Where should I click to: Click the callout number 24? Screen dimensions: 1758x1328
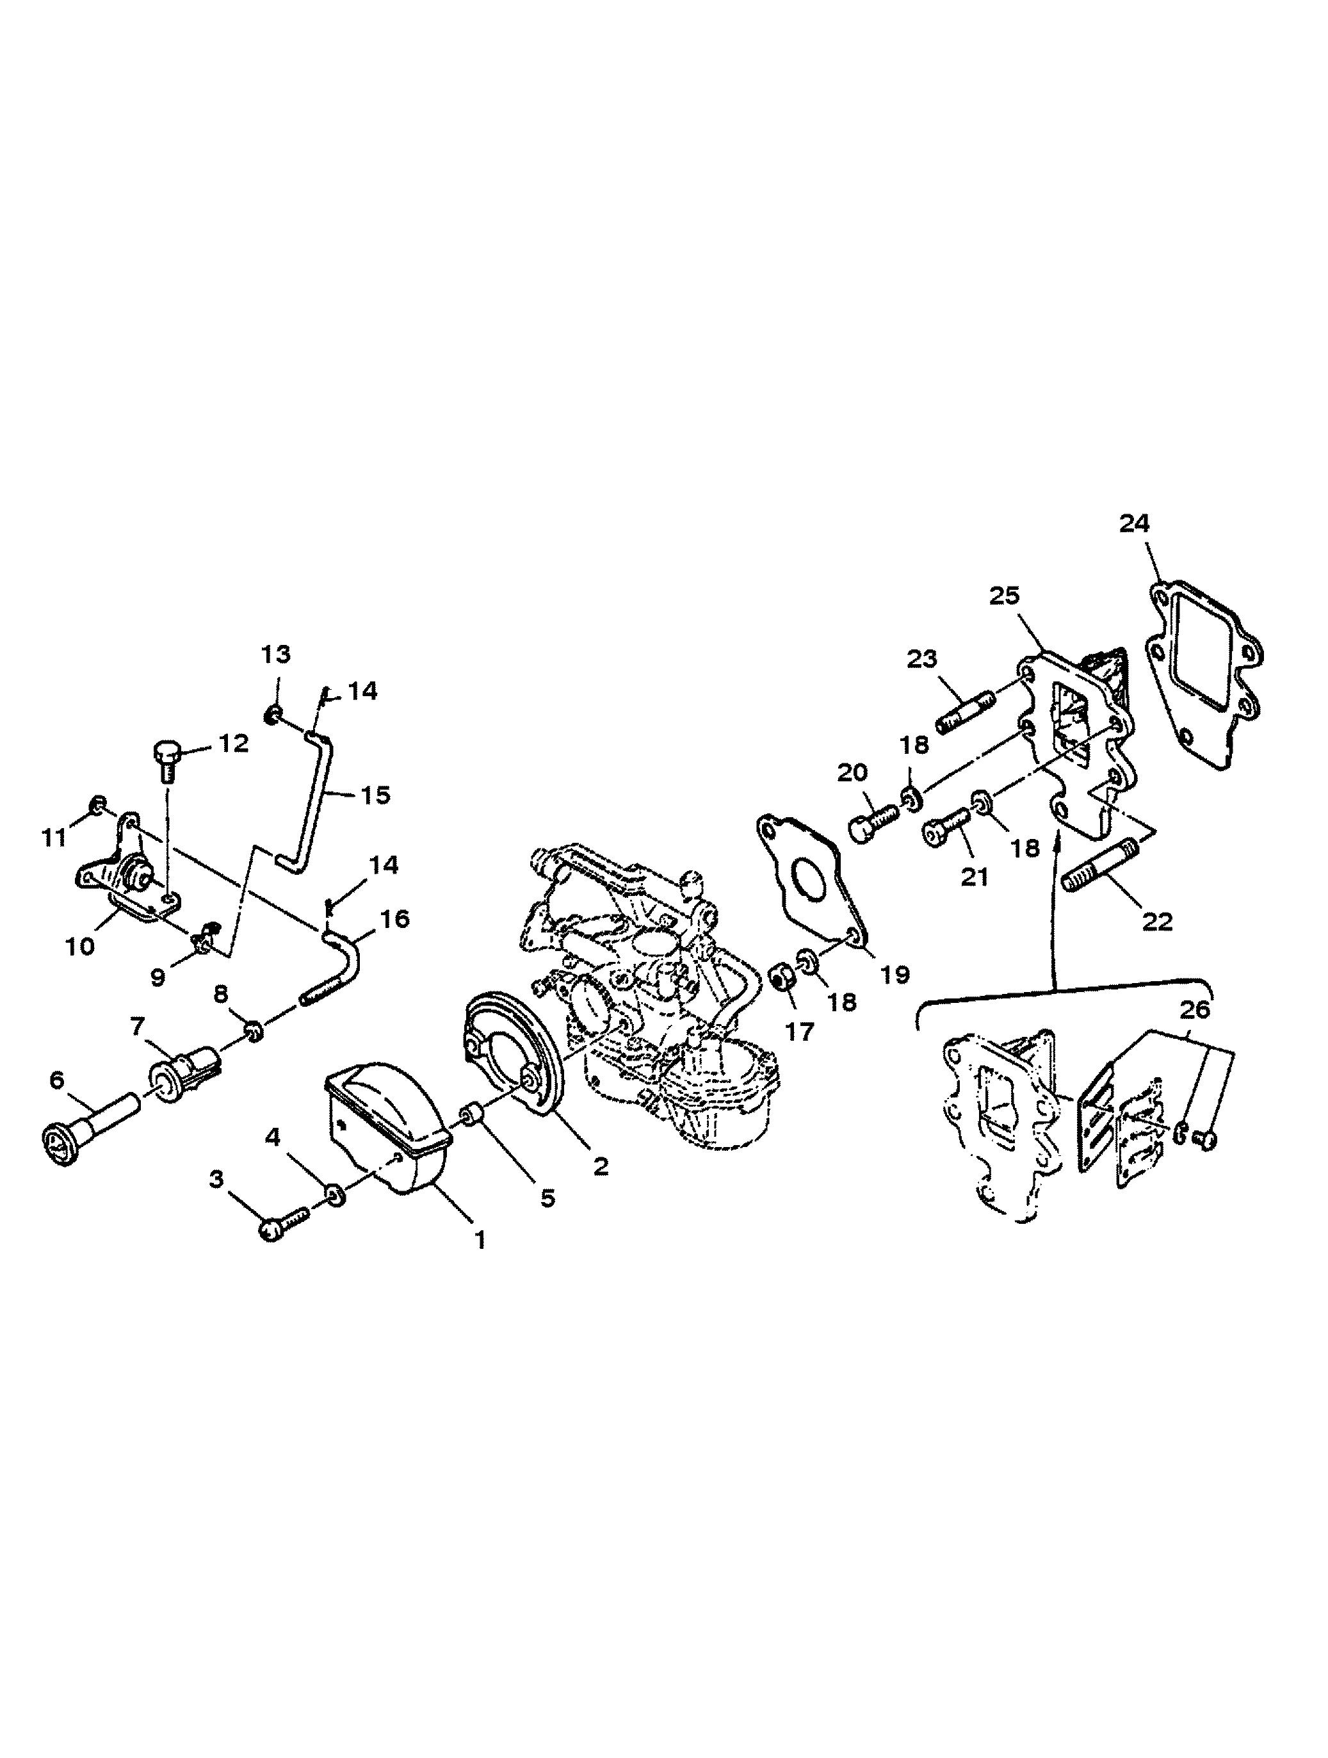1134,524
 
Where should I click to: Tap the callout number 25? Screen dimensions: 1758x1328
1005,595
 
